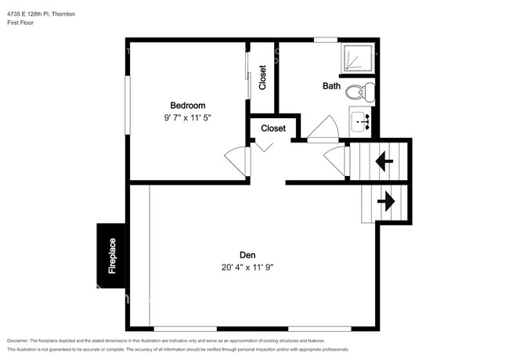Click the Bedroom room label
coord(188,106)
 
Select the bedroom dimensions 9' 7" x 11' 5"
coord(188,117)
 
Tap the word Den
coord(247,254)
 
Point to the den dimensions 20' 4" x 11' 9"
coord(247,267)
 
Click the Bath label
coord(331,86)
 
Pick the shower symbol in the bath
coord(359,59)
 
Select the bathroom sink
coord(361,122)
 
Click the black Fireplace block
coord(111,256)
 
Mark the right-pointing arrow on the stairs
coord(385,201)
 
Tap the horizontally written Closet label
coord(273,128)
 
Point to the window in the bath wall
coord(325,40)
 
